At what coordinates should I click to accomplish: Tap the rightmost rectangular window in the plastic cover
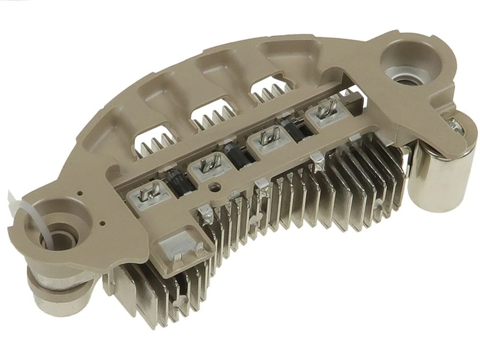[x=267, y=89]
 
